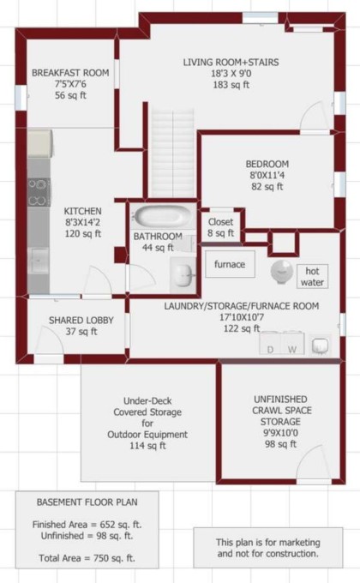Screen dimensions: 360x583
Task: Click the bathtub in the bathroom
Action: (163, 216)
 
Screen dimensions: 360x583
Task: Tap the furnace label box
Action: (230, 264)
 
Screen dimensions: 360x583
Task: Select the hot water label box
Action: (312, 276)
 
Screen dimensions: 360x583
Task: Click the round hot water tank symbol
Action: (282, 272)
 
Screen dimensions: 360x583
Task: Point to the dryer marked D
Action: (271, 343)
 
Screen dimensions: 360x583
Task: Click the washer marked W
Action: (293, 343)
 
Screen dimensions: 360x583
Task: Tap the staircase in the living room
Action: (173, 153)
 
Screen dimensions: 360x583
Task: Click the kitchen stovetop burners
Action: (38, 193)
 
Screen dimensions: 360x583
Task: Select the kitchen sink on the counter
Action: (39, 260)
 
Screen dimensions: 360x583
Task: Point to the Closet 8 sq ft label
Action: (221, 227)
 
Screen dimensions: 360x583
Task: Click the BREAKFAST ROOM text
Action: (70, 73)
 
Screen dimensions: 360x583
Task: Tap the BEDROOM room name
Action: (267, 164)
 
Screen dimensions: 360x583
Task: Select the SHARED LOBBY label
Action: (81, 320)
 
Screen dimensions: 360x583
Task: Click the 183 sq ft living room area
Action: (231, 85)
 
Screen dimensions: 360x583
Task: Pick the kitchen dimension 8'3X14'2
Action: (82, 222)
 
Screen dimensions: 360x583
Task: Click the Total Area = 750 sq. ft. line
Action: (87, 558)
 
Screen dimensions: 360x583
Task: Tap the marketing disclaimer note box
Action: (267, 548)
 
